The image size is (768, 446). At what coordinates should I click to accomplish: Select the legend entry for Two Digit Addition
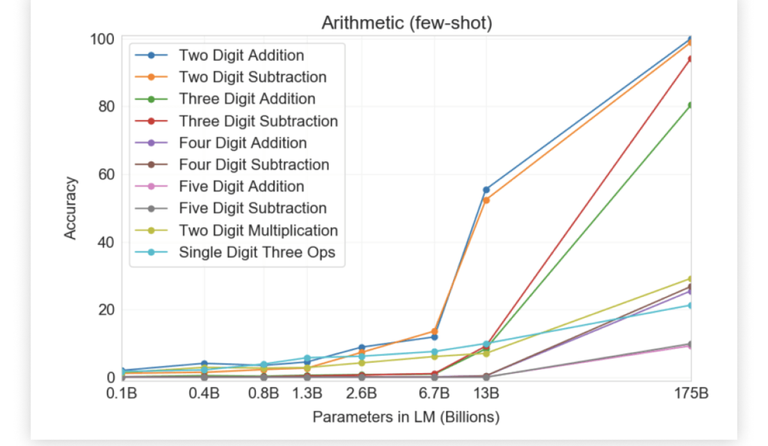(241, 55)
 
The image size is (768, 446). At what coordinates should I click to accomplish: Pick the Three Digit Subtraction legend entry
(258, 121)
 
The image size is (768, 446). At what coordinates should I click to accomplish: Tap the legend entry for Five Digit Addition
(241, 186)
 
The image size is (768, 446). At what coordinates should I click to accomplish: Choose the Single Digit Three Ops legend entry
(257, 252)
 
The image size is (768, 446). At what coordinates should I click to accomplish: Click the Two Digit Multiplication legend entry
(258, 231)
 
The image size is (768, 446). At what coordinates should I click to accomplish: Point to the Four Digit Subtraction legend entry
(253, 165)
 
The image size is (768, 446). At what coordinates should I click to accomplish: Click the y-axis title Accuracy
(70, 208)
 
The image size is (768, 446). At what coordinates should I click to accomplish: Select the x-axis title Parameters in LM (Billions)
(406, 418)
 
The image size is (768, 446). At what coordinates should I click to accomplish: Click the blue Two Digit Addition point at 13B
(486, 190)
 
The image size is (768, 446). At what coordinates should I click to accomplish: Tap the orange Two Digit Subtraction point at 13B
(486, 201)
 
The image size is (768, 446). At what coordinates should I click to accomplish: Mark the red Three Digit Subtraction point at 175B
(691, 59)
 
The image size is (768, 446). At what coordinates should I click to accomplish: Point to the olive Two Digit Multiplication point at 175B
(691, 279)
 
